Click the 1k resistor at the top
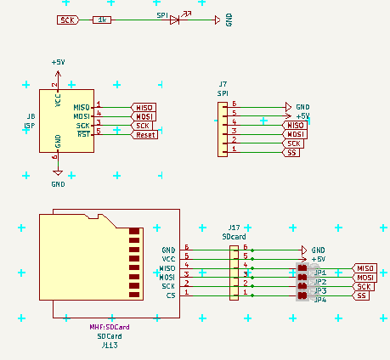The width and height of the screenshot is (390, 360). coord(102,20)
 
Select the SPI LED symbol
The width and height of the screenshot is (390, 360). coord(175,20)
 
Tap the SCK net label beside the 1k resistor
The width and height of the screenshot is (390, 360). coord(68,20)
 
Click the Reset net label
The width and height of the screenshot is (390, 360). coord(144,134)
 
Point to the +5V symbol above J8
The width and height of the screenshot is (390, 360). coord(58,64)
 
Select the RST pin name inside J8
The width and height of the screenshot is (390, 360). coord(83,134)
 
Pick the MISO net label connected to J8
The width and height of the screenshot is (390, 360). coord(144,107)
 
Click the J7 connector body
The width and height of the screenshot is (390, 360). coord(223,129)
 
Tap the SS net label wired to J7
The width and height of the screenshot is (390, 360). coord(292,152)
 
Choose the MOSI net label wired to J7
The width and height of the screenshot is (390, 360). coord(295,134)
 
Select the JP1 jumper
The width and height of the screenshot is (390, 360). coord(302,268)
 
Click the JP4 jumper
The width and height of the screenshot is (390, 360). coord(302,295)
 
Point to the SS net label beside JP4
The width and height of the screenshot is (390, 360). coord(362,295)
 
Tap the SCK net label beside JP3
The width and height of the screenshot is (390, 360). coord(365,286)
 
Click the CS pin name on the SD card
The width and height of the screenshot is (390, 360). coord(170,295)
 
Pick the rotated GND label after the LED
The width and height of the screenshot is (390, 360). coord(229,20)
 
